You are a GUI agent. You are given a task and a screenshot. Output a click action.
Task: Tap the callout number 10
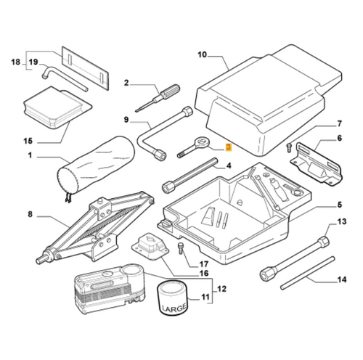(x=202, y=54)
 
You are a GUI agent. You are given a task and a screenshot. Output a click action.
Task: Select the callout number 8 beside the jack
(x=30, y=214)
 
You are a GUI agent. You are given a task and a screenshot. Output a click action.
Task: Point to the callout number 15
(x=29, y=141)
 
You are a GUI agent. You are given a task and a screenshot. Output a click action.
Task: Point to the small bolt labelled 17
(x=179, y=251)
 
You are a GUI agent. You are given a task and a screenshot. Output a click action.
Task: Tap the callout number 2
(x=126, y=83)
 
